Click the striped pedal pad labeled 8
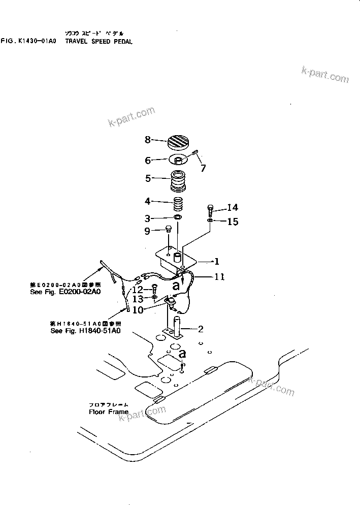pyautogui.click(x=178, y=141)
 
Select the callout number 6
pyautogui.click(x=148, y=161)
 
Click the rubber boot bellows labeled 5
pyautogui.click(x=178, y=181)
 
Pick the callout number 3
pyautogui.click(x=148, y=219)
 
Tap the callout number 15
pyautogui.click(x=233, y=222)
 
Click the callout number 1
pyautogui.click(x=216, y=262)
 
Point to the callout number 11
pyautogui.click(x=219, y=277)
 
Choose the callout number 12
pyautogui.click(x=137, y=290)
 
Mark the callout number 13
pyautogui.click(x=137, y=299)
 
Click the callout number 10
pyautogui.click(x=137, y=310)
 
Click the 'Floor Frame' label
pyautogui.click(x=109, y=412)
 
